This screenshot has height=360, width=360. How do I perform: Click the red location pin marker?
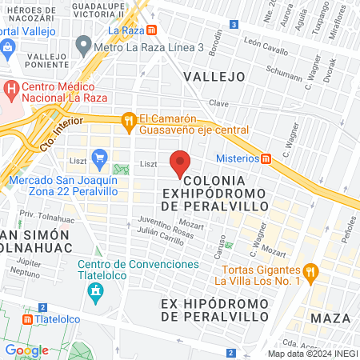tap(181, 163)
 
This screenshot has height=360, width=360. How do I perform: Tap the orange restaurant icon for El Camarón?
tap(128, 122)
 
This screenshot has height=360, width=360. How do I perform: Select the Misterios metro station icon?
tap(266, 158)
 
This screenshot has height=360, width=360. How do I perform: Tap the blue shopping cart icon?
tap(99, 158)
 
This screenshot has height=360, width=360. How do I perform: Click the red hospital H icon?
tap(11, 87)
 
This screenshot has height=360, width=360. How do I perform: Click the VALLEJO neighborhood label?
tap(213, 76)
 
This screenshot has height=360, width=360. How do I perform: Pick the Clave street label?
tap(219, 103)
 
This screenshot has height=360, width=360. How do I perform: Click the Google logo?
tap(26, 350)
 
